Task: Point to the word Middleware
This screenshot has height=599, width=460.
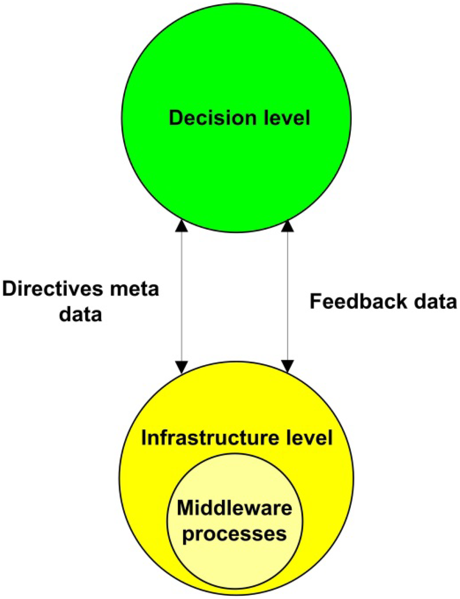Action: pyautogui.click(x=235, y=508)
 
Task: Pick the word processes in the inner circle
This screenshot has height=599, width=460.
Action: pyautogui.click(x=235, y=534)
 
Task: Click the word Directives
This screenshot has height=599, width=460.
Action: pyautogui.click(x=53, y=289)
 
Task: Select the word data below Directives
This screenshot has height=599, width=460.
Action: pyautogui.click(x=81, y=315)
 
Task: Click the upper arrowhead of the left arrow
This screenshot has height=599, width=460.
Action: pyautogui.click(x=182, y=226)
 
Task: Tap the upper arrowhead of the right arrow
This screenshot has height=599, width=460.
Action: pyautogui.click(x=287, y=226)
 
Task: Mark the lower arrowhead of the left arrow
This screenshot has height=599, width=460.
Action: pyautogui.click(x=182, y=367)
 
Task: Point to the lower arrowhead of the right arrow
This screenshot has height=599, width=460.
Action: pyautogui.click(x=287, y=366)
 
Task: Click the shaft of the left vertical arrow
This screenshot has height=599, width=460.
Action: pyautogui.click(x=182, y=297)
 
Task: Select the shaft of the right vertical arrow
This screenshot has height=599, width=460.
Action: pyautogui.click(x=287, y=266)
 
